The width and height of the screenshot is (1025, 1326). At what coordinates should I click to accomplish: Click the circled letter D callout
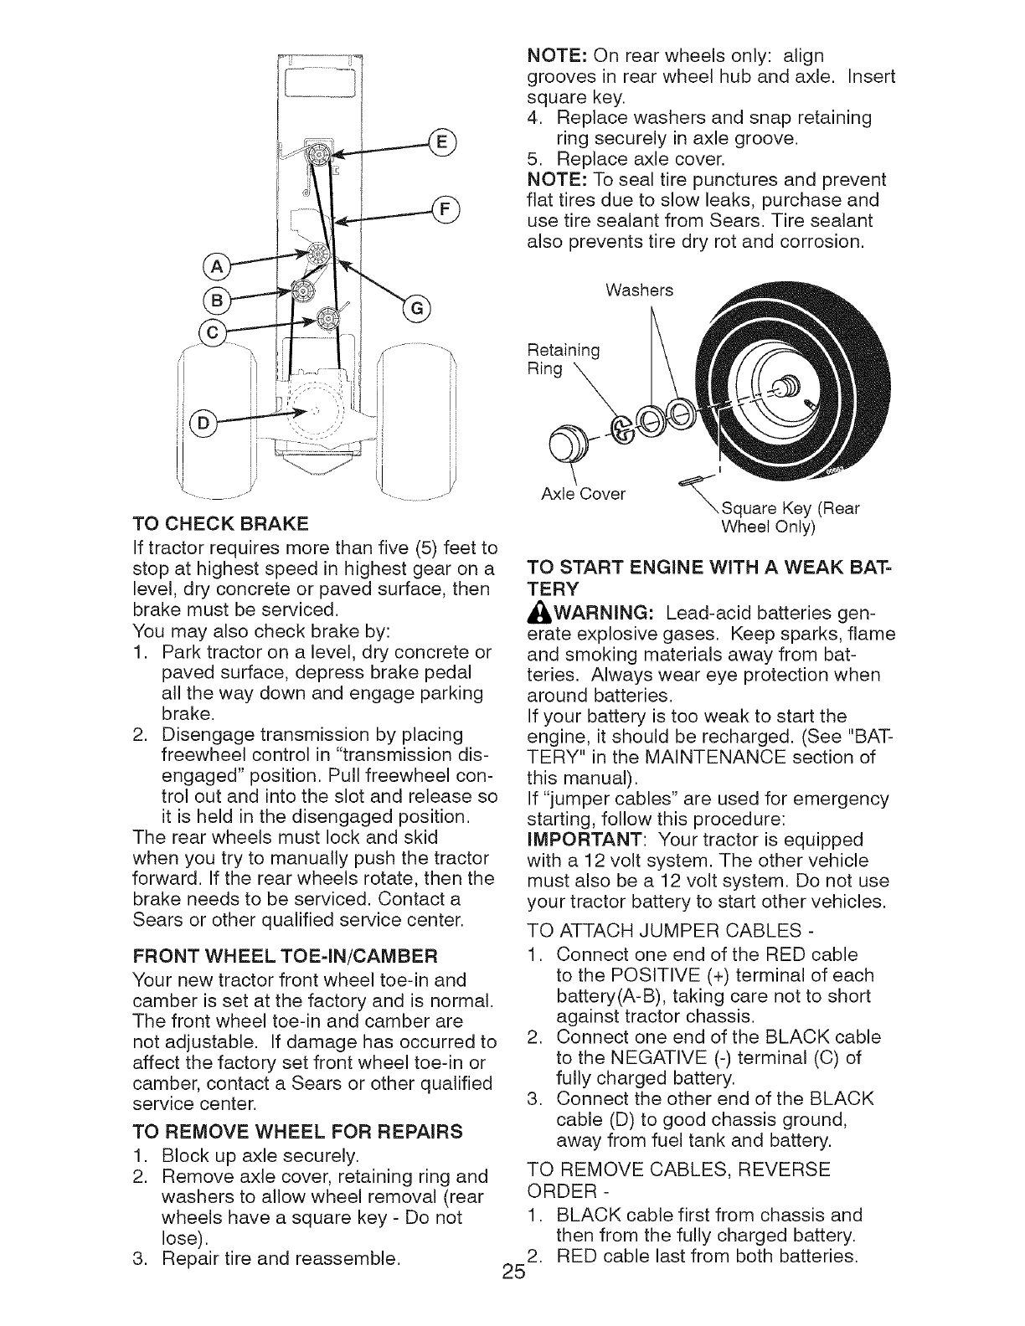208,426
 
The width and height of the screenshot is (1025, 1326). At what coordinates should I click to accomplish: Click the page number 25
513,1294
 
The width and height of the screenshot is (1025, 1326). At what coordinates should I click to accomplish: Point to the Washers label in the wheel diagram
638,290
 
